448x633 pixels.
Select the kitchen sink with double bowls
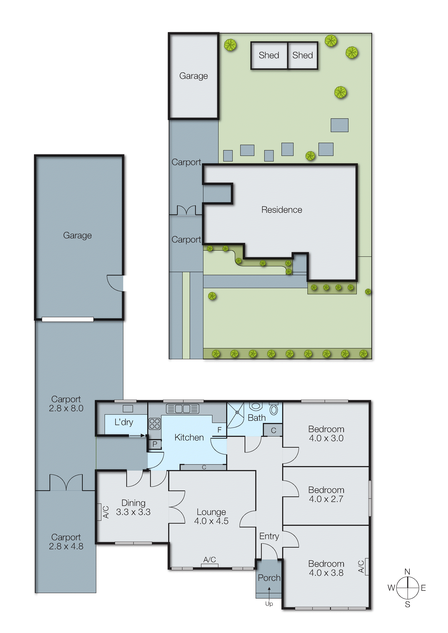click(x=182, y=409)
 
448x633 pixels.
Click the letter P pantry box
click(x=155, y=444)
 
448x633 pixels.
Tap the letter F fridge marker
click(x=219, y=430)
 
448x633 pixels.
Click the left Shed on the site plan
click(x=269, y=55)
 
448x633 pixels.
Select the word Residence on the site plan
click(x=282, y=210)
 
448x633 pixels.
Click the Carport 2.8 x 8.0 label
click(x=66, y=404)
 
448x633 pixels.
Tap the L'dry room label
click(x=124, y=422)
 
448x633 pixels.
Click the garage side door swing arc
click(x=114, y=283)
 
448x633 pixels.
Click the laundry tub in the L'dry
click(x=128, y=408)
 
